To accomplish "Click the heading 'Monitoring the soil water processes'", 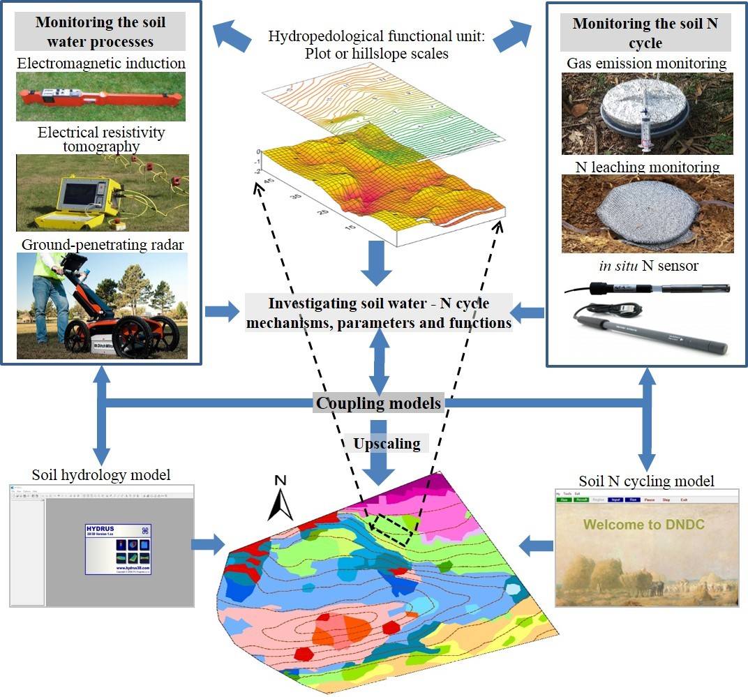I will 100,32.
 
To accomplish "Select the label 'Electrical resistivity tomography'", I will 101,139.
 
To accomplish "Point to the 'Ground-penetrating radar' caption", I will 102,244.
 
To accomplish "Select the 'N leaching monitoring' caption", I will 648,167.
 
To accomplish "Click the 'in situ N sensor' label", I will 647,265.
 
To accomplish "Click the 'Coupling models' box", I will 378,403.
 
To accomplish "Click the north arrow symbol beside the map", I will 280,500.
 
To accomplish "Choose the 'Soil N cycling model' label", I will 646,481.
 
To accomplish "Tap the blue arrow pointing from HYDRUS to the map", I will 208,543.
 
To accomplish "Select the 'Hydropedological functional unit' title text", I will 376,45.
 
